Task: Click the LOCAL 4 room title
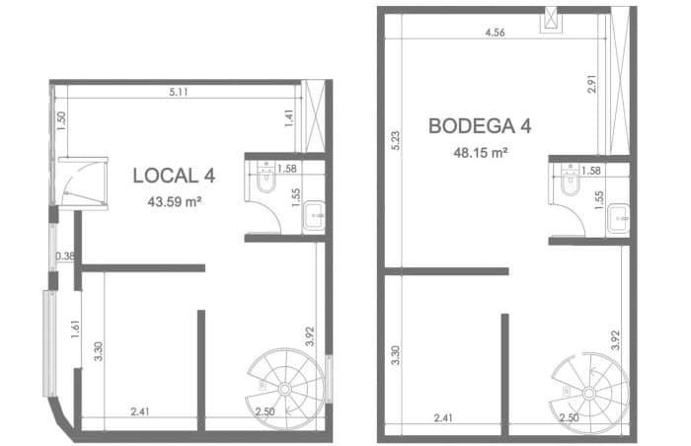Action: [174, 176]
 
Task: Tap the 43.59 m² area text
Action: [175, 202]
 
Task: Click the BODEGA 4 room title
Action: [480, 126]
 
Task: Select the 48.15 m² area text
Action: [481, 153]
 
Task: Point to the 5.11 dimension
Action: [179, 92]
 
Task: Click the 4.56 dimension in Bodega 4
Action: [495, 33]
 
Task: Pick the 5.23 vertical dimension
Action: [396, 140]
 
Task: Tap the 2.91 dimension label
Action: [592, 83]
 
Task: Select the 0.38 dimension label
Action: [65, 256]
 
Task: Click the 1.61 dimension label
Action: [75, 330]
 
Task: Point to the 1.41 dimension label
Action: [288, 118]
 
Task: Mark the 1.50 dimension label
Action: [61, 120]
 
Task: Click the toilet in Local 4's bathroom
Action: [266, 180]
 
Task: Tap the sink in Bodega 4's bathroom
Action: [618, 219]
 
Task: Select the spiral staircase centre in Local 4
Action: [284, 389]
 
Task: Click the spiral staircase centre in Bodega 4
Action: [589, 393]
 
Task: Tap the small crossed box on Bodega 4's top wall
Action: [551, 19]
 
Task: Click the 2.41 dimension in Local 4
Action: [140, 411]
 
